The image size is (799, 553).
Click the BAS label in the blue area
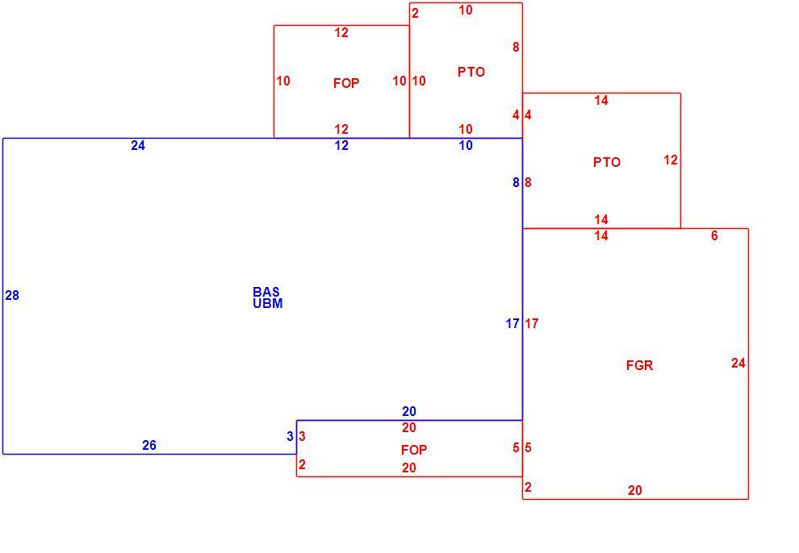(266, 292)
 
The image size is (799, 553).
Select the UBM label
(267, 303)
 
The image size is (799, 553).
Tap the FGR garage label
(639, 365)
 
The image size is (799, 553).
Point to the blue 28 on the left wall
(12, 295)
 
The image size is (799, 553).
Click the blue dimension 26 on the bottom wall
(149, 445)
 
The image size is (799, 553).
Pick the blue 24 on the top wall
(138, 145)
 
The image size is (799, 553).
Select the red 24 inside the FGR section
(738, 363)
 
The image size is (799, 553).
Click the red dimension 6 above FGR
(714, 235)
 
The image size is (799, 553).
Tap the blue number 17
(512, 323)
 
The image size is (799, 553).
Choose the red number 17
(532, 323)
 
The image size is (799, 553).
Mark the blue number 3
(290, 436)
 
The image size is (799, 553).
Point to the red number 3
(302, 436)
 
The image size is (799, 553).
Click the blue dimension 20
(409, 411)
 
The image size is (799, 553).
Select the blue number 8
(517, 182)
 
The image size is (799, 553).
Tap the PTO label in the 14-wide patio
(607, 162)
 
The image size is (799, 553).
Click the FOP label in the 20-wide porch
(414, 450)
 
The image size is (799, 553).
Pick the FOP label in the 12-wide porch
(346, 83)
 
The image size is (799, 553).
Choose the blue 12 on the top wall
(341, 145)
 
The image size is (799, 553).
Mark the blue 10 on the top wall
(466, 145)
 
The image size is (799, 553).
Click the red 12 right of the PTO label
(671, 160)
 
